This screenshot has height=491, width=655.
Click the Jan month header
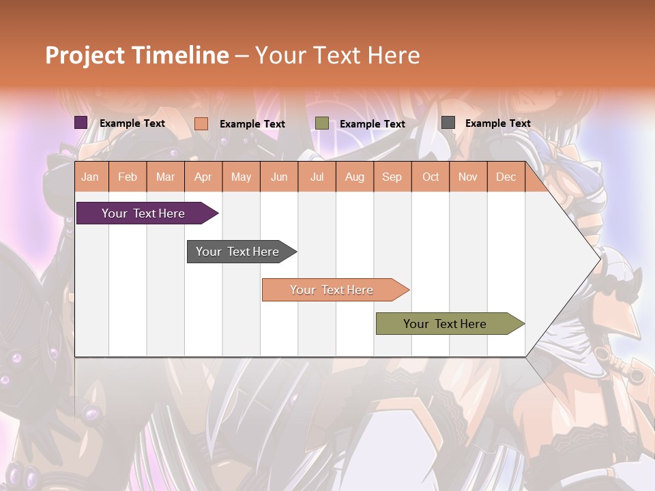point(90,177)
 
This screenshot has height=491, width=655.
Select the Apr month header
point(203,177)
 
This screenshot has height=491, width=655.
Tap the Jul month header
point(317,177)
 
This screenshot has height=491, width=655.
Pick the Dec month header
point(506,177)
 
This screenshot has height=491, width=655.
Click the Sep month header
point(392,177)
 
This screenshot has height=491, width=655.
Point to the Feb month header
point(128,177)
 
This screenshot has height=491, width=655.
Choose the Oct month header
point(431,177)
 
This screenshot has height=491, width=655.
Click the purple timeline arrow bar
point(143,213)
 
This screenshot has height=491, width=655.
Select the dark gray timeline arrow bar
point(237,252)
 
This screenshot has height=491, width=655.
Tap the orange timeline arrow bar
point(332,290)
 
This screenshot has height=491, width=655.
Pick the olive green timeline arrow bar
point(445,324)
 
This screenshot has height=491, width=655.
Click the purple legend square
point(81,123)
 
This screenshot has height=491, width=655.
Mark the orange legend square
point(201,123)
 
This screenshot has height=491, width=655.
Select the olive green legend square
point(322,123)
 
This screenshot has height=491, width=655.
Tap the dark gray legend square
point(448,123)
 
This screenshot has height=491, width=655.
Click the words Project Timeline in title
point(136,55)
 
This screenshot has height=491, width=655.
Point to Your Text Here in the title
point(337,55)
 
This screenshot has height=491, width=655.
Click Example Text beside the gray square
point(497,123)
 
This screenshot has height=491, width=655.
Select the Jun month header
point(279,177)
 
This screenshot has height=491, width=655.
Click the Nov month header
point(468,177)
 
